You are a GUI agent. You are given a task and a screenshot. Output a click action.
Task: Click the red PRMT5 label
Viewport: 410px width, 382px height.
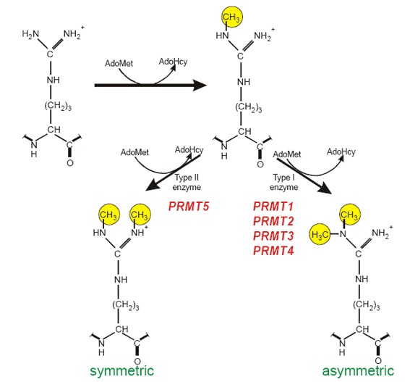tap(189, 207)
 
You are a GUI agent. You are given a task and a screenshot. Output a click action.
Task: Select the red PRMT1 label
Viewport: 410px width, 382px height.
tap(273, 207)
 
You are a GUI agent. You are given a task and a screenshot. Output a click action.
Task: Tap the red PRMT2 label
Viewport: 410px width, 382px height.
tap(273, 221)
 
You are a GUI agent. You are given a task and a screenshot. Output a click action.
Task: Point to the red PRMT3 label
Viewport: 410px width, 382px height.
tap(273, 236)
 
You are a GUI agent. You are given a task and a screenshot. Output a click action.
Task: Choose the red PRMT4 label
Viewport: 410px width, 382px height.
tap(273, 251)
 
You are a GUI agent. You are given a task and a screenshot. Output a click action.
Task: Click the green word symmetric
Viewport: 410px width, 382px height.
tap(122, 370)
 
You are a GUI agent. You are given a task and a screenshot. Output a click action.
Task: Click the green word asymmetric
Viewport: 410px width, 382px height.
tap(358, 370)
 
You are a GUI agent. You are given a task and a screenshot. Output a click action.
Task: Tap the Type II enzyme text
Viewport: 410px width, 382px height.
tap(187, 182)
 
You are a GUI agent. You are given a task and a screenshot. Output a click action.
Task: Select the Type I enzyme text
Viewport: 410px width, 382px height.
tap(283, 182)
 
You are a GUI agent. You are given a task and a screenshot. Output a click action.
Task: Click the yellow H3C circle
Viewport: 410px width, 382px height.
tap(320, 234)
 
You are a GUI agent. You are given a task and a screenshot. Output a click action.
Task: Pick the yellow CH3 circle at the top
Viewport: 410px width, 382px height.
tap(232, 17)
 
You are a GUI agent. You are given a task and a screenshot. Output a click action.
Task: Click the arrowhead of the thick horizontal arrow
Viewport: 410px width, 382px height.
tap(200, 86)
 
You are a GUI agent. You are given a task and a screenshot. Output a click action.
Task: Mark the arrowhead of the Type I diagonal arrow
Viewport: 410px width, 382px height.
tap(325, 188)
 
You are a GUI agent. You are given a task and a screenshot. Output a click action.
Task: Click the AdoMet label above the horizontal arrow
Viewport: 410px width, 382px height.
tap(119, 64)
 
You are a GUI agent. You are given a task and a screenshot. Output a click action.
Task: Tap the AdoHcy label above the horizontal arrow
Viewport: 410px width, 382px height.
tap(173, 62)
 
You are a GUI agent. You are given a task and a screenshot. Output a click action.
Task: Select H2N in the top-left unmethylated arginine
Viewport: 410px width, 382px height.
tap(30, 34)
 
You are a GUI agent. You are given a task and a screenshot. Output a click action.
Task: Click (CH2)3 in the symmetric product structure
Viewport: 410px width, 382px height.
tap(126, 305)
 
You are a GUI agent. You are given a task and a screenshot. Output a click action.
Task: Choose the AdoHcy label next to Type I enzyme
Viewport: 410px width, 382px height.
tap(341, 152)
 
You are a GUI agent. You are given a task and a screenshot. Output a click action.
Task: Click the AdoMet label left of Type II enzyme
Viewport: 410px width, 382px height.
tap(134, 152)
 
